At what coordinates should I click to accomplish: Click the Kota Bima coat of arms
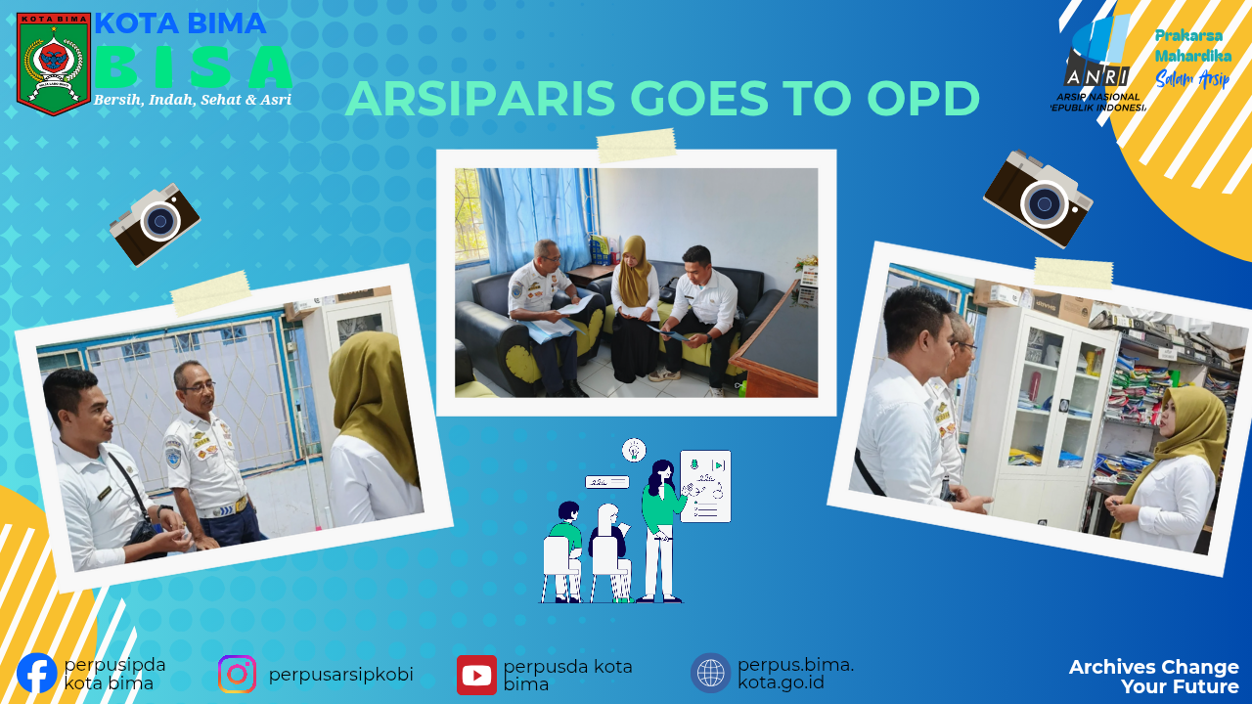[x=54, y=64]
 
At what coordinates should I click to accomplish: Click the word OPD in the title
[x=923, y=99]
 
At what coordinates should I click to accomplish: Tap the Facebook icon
[x=37, y=674]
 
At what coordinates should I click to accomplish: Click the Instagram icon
[x=237, y=675]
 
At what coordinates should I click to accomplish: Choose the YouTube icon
[x=476, y=675]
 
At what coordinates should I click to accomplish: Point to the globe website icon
[x=710, y=673]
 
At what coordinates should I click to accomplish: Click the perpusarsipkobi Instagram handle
[x=341, y=675]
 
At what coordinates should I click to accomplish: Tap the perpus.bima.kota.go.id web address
[x=795, y=674]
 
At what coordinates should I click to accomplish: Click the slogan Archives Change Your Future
[x=1153, y=677]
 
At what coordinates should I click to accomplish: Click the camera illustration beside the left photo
[x=155, y=224]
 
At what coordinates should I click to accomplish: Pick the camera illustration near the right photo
[x=1038, y=198]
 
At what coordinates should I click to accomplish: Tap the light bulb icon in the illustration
[x=634, y=450]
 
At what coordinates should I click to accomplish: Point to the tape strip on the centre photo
[x=636, y=146]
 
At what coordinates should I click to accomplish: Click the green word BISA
[x=194, y=67]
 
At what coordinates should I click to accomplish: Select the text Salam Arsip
[x=1192, y=79]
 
